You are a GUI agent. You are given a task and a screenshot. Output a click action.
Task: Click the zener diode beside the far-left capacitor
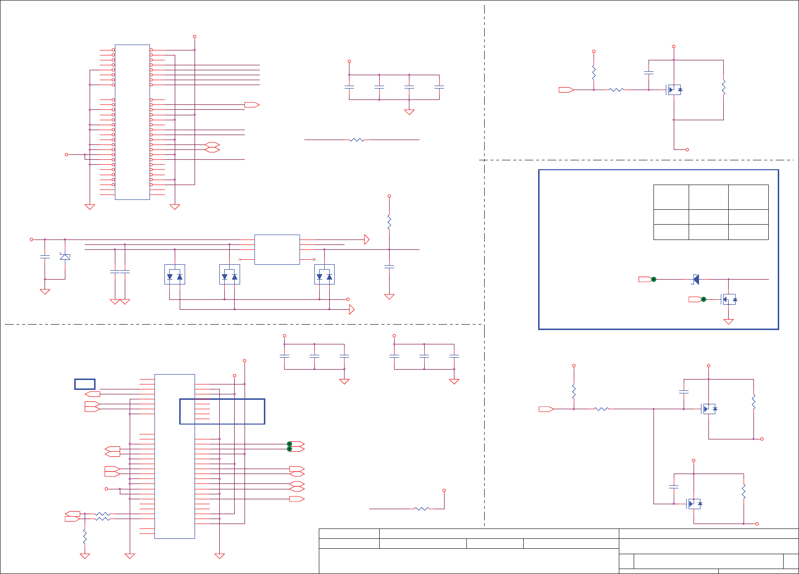(65, 256)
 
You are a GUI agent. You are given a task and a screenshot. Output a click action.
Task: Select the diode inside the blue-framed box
(696, 280)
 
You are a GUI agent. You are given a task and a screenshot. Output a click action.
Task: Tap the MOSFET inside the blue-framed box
(729, 299)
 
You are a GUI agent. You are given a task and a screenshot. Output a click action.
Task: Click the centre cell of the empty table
(708, 217)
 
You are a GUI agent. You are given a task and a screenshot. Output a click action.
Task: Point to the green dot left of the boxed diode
(653, 280)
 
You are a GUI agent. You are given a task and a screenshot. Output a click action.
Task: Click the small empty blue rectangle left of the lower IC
(85, 384)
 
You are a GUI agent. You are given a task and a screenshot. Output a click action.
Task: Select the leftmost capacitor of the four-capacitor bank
(349, 87)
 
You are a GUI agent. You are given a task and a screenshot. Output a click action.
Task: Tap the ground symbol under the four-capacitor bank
(409, 112)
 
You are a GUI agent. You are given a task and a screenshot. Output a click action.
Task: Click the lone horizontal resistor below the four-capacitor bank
(357, 140)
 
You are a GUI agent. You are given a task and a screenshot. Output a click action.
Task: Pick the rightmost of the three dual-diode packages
(324, 275)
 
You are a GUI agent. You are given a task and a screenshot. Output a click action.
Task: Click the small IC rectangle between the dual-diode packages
(277, 249)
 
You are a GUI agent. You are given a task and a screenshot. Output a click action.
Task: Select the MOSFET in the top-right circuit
(674, 90)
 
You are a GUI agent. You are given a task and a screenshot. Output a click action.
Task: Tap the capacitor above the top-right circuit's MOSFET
(649, 73)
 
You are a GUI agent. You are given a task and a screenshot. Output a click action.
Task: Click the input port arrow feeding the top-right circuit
(566, 90)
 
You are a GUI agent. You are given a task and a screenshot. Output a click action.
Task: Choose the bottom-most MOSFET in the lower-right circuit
(694, 504)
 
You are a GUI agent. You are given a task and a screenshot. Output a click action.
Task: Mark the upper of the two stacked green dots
(290, 444)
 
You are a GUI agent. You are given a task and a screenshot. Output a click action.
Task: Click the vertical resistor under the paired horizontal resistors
(85, 536)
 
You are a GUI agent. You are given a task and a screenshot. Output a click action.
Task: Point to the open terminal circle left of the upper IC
(66, 154)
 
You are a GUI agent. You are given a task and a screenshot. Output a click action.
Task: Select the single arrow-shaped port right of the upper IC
(251, 105)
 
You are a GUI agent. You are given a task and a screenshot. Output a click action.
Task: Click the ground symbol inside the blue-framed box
(729, 322)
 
